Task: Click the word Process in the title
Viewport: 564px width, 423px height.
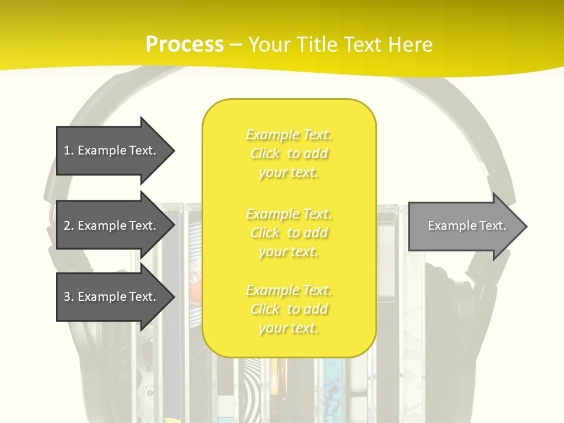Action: coord(184,45)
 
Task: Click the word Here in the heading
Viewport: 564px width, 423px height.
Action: coord(410,45)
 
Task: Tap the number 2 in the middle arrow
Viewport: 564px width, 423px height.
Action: coord(68,226)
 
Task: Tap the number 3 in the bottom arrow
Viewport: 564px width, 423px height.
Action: coord(68,297)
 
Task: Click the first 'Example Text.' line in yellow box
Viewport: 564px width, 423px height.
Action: coord(289,135)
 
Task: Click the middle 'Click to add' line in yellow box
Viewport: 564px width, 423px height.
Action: coord(289,233)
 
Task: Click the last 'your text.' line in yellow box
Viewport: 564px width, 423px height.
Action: coord(289,328)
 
